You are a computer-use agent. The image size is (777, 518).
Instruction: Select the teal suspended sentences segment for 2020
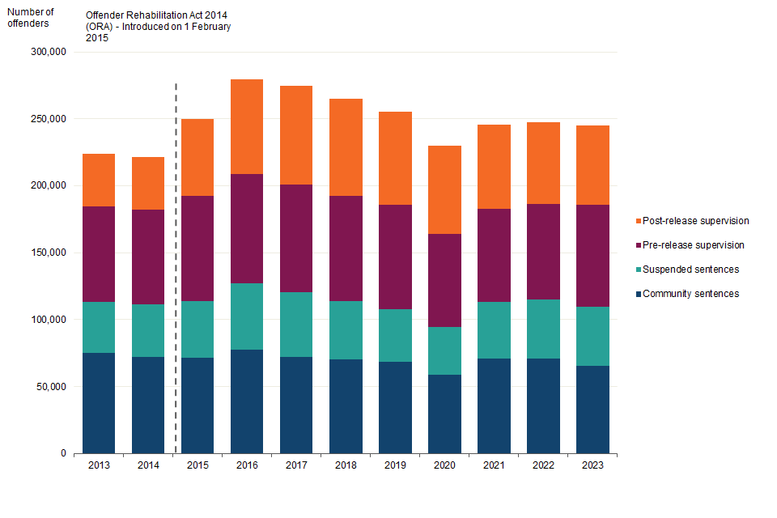point(444,350)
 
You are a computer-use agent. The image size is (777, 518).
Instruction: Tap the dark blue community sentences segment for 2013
point(99,402)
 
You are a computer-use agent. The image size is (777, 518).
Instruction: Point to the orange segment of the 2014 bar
point(148,183)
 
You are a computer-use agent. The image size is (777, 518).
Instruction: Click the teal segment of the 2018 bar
point(346,330)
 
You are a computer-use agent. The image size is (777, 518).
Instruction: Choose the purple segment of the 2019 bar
point(395,257)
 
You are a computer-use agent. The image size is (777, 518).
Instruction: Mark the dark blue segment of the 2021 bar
point(494,405)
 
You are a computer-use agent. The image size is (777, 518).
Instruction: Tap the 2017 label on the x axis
point(296,466)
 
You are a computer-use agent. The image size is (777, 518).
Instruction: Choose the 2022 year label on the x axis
point(543,466)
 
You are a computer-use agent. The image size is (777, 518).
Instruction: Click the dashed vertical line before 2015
point(176,267)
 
